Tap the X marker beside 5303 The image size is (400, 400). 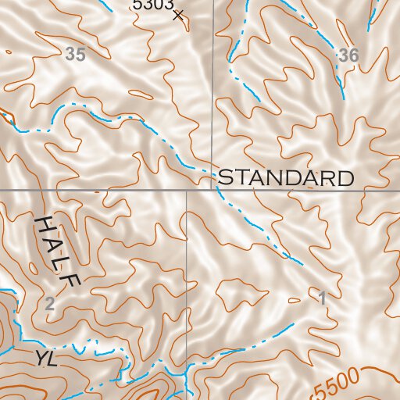178,14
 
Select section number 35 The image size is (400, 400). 75,55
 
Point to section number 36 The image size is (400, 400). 348,55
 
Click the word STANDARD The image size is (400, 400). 285,177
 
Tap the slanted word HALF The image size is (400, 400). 59,252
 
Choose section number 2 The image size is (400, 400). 50,304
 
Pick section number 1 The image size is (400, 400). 322,298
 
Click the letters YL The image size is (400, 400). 46,359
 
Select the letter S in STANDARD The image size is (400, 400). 225,177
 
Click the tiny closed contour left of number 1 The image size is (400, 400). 294,300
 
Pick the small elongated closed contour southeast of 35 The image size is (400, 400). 141,95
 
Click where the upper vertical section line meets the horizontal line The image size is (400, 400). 212,190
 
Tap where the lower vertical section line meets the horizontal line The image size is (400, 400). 187,190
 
